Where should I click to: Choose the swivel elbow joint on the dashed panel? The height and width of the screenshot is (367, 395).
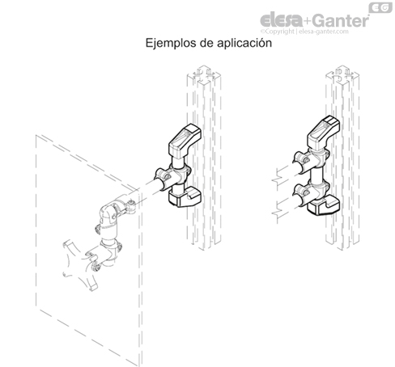(x=112, y=214)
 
